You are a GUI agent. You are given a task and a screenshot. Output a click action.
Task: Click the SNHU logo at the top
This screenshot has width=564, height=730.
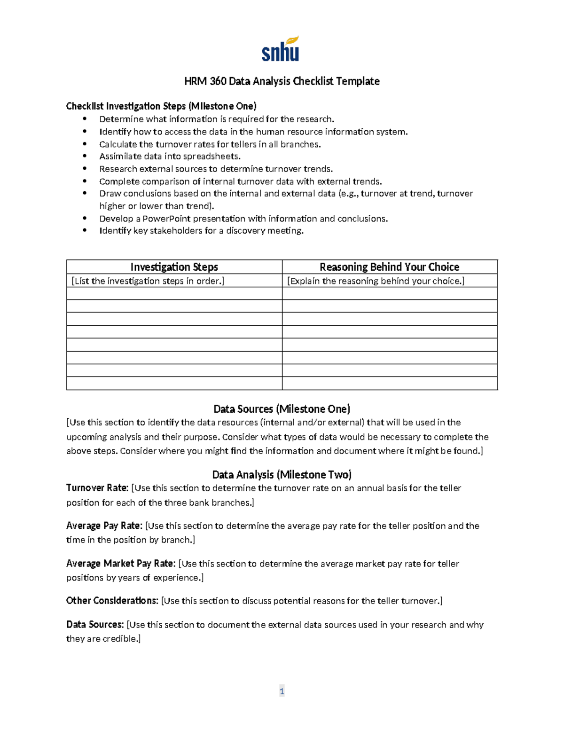(x=280, y=49)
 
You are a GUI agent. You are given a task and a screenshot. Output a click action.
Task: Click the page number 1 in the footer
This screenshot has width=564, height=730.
(x=282, y=691)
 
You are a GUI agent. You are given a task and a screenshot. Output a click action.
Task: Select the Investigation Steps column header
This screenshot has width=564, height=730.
(x=174, y=267)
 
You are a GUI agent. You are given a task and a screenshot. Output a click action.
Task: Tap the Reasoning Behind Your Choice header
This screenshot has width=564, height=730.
(x=389, y=267)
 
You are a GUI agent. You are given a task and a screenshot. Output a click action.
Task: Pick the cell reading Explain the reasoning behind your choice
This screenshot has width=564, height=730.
(x=376, y=281)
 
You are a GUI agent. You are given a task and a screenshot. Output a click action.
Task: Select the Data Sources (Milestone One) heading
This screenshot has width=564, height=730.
(x=282, y=409)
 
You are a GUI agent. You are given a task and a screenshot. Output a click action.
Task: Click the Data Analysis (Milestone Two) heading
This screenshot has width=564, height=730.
(x=282, y=474)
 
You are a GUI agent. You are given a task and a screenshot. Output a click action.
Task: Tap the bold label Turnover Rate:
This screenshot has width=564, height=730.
(x=97, y=488)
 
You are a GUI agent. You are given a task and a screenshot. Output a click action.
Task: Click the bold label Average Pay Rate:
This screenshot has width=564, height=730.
(x=104, y=526)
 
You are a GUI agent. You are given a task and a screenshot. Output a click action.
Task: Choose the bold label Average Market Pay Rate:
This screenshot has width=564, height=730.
(x=121, y=564)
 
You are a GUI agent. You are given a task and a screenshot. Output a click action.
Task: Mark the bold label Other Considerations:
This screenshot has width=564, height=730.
(x=112, y=601)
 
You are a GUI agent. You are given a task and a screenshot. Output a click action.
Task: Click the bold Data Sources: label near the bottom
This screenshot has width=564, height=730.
(x=95, y=625)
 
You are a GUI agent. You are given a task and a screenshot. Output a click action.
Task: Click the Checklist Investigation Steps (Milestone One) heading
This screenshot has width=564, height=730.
(x=161, y=106)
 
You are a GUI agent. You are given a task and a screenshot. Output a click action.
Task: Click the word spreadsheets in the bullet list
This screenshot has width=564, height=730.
(x=211, y=157)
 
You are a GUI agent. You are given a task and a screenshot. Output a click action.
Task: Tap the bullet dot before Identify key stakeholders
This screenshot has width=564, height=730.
(x=85, y=231)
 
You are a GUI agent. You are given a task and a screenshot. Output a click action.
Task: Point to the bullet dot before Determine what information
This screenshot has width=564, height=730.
(x=85, y=119)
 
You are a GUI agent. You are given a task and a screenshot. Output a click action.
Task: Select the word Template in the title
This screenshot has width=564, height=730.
(x=361, y=81)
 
